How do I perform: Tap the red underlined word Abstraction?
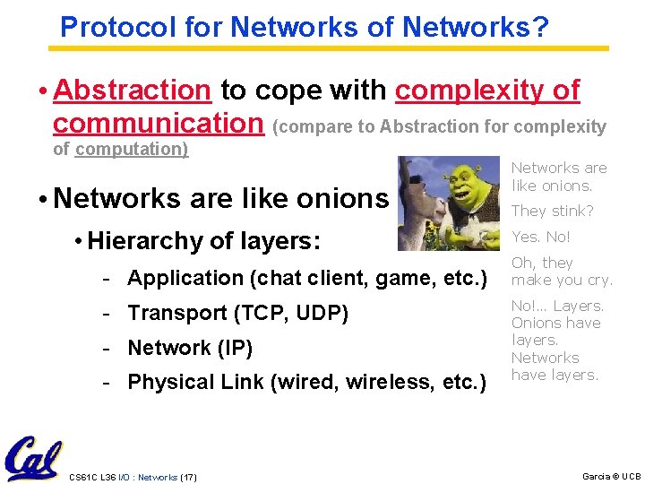coord(132,91)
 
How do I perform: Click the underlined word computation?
coord(132,149)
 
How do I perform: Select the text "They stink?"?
coord(552,212)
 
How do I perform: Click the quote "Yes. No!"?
coord(540,238)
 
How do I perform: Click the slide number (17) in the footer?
coord(188,477)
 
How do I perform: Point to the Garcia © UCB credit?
coord(611,476)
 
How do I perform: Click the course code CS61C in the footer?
coord(84,477)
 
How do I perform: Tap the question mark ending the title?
coord(540,28)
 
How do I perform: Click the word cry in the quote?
coord(598,280)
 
